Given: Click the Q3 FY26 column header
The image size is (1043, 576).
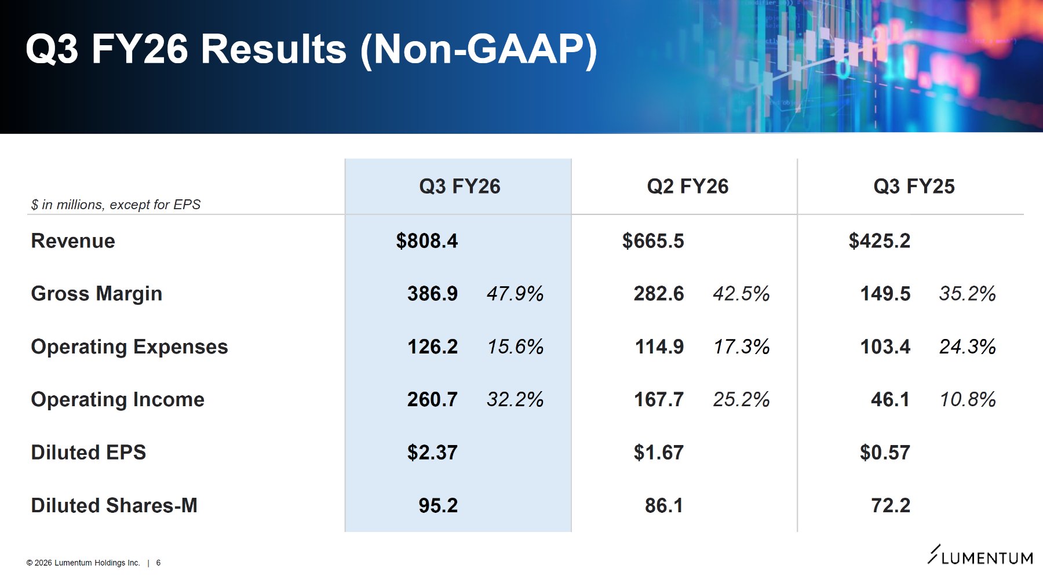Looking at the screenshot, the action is click(x=459, y=187).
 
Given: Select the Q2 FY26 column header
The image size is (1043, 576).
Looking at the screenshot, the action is click(x=687, y=187).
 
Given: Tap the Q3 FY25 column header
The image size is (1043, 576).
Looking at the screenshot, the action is click(x=914, y=187).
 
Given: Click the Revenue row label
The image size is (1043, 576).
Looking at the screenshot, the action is click(x=73, y=241).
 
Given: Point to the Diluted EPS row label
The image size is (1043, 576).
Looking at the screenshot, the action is click(x=89, y=453).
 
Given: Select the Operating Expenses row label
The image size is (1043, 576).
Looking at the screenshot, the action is click(x=129, y=347).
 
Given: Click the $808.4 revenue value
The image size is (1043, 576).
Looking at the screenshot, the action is click(x=427, y=241).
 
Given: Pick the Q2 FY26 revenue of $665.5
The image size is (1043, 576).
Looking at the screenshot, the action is click(x=653, y=241).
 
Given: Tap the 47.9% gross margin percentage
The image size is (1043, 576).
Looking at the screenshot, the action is click(x=515, y=294).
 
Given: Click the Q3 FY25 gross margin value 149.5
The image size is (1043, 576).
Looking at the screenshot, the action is click(x=885, y=294).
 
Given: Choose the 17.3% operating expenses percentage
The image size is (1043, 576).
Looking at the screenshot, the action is click(x=742, y=347).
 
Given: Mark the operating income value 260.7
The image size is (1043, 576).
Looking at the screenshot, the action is click(x=432, y=400).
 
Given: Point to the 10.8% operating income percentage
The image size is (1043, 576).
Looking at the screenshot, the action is click(x=968, y=400).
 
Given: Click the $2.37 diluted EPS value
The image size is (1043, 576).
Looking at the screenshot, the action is click(x=432, y=453).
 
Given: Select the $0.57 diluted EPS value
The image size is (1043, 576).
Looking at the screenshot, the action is click(x=885, y=453).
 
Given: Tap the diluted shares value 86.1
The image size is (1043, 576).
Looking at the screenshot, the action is click(x=664, y=506).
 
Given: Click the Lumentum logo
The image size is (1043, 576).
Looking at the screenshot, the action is click(x=980, y=555).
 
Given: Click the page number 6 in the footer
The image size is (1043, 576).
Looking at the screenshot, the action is click(x=158, y=563).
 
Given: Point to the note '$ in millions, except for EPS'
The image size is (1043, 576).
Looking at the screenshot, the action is click(x=116, y=205).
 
